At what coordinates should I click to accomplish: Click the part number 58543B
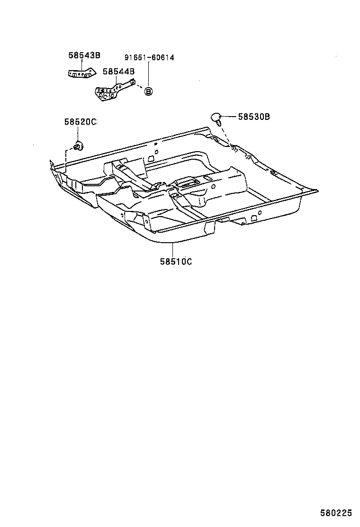click(84, 55)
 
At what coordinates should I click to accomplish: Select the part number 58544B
click(118, 71)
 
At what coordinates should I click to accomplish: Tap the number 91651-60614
click(149, 58)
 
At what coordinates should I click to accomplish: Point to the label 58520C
click(80, 122)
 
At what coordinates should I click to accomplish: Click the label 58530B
click(254, 116)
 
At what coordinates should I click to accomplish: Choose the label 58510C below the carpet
click(176, 261)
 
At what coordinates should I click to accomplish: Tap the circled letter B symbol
click(148, 91)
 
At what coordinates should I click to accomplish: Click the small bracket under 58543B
click(80, 74)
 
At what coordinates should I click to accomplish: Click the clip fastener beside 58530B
click(216, 117)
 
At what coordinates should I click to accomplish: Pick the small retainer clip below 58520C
click(78, 145)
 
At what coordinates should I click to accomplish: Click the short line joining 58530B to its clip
click(229, 116)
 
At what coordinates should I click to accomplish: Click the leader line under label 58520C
click(79, 133)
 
